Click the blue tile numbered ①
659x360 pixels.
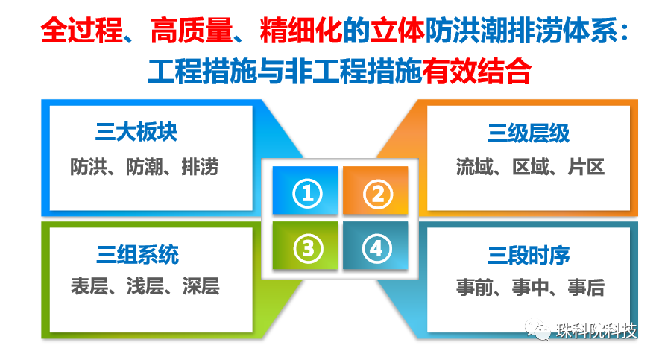point(305,190)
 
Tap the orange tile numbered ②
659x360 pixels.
point(375,190)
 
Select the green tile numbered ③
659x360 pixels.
point(305,245)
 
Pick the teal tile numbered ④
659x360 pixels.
point(375,245)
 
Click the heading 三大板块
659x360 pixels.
point(136,132)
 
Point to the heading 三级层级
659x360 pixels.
point(529,133)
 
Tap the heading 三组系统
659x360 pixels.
point(137,255)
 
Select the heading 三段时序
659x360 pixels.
point(529,256)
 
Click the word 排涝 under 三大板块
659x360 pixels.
point(200,167)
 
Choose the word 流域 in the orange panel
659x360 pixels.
point(475,167)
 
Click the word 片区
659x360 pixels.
point(586,167)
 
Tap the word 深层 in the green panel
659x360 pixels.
point(201,286)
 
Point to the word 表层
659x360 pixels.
point(89,286)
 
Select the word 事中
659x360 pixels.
point(530,288)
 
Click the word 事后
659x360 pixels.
point(586,288)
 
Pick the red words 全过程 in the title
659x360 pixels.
point(81,31)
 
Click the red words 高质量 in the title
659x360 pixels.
point(192,31)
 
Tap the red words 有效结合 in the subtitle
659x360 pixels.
point(476,71)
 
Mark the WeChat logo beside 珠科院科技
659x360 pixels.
point(537,329)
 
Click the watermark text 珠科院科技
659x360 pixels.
point(596,331)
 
